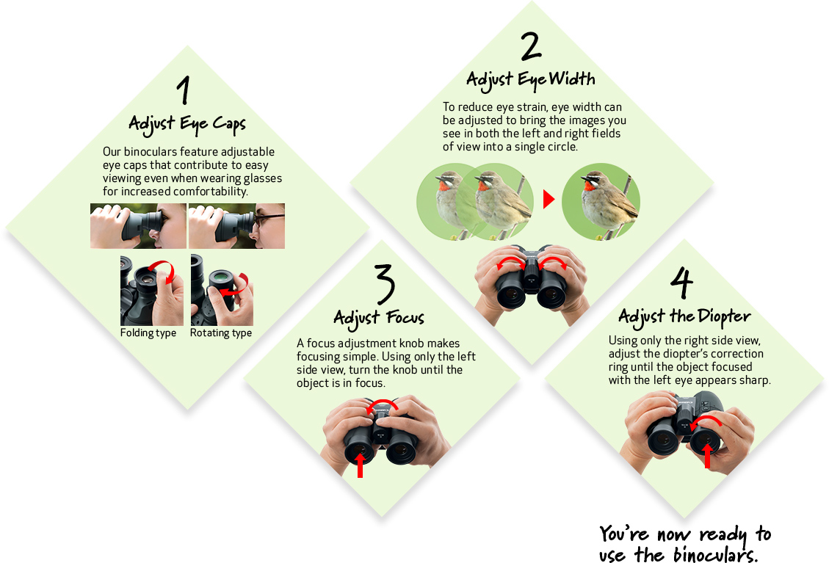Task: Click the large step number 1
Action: pos(184,90)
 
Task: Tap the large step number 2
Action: pos(531,46)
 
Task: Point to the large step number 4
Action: pos(681,282)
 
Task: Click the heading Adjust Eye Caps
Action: pos(187,124)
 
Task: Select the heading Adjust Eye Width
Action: pos(530,80)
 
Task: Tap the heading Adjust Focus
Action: pos(379,318)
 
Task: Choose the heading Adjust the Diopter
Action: pos(684,316)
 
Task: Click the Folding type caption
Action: pos(148,333)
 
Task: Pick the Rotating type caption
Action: pos(221,333)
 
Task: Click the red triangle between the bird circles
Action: pos(549,200)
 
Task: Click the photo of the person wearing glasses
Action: pos(237,226)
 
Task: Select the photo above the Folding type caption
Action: pos(152,290)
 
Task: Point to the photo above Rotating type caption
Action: pos(222,290)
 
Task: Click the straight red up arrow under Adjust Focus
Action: pos(360,465)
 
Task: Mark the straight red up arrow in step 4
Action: pos(707,455)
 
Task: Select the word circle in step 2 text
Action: pos(561,146)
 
